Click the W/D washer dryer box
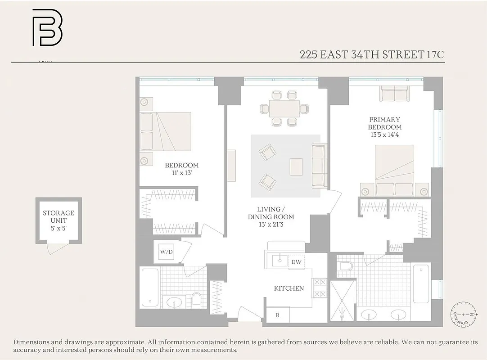tap(166, 252)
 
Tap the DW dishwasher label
tap(296, 262)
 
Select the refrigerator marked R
tap(278, 315)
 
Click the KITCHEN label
tap(289, 288)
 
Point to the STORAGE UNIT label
tap(59, 220)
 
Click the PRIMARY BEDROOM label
tap(384, 123)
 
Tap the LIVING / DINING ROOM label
tap(271, 213)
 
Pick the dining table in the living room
tap(285, 108)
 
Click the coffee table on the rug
tap(296, 166)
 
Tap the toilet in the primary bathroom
tap(346, 266)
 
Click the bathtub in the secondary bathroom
tap(149, 287)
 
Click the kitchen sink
tap(280, 260)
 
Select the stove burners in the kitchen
tap(319, 288)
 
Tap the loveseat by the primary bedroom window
tap(394, 94)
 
